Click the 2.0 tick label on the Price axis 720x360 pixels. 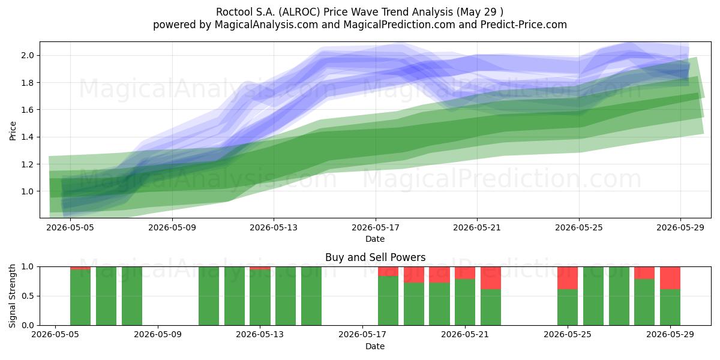[x=28, y=55]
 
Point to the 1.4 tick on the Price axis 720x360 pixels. [x=28, y=137]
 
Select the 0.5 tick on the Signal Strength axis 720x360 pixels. [x=28, y=296]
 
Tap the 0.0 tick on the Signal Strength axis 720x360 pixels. [x=28, y=325]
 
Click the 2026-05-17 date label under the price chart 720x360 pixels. [x=376, y=227]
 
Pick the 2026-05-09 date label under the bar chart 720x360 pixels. [x=158, y=335]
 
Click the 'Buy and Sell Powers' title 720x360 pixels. [x=375, y=257]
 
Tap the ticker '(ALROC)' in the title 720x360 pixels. [x=299, y=12]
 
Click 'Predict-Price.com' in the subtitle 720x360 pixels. [x=524, y=25]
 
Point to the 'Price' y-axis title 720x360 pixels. [x=13, y=131]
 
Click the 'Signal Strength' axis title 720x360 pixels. [x=12, y=296]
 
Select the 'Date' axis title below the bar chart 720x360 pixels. [x=375, y=346]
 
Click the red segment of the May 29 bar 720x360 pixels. [x=670, y=278]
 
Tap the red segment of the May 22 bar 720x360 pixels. [x=491, y=278]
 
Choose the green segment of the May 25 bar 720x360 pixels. [x=568, y=307]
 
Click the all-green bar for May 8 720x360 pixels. [x=132, y=296]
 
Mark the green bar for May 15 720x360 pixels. [x=311, y=296]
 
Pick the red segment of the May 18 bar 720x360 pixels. [x=388, y=271]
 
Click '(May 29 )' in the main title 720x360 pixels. [x=479, y=12]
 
